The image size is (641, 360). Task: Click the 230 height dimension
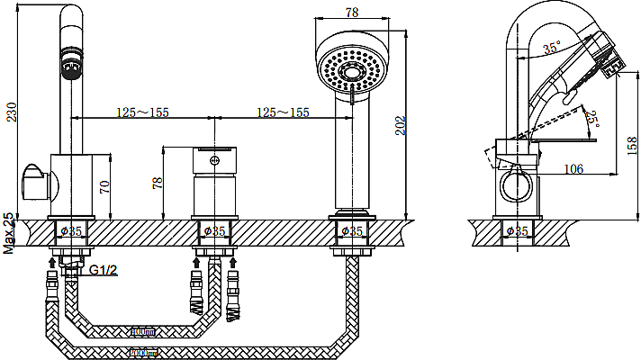tap(12, 112)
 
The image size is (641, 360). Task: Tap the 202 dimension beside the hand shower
tap(401, 125)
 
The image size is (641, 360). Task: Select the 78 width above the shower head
tap(352, 13)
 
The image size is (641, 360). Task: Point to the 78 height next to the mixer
tap(158, 182)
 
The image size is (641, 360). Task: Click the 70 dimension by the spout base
tap(104, 186)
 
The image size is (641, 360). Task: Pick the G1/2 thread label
tap(103, 270)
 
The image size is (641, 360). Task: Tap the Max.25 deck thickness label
tap(9, 233)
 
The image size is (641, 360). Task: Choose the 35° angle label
tap(552, 48)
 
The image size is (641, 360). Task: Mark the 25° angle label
tap(592, 119)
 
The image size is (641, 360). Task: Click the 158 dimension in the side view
tap(632, 146)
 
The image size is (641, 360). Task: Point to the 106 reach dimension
tap(573, 168)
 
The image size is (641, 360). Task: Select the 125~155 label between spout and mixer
tap(142, 112)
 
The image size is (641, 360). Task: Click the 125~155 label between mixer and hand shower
tap(283, 112)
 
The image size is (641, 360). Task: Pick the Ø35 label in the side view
tap(517, 231)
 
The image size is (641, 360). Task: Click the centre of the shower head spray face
tap(352, 73)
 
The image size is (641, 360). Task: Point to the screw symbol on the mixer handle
tap(213, 160)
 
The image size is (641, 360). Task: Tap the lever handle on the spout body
tap(35, 183)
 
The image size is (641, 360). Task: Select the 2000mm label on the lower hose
tap(143, 352)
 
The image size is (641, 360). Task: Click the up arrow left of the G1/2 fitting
tap(52, 262)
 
